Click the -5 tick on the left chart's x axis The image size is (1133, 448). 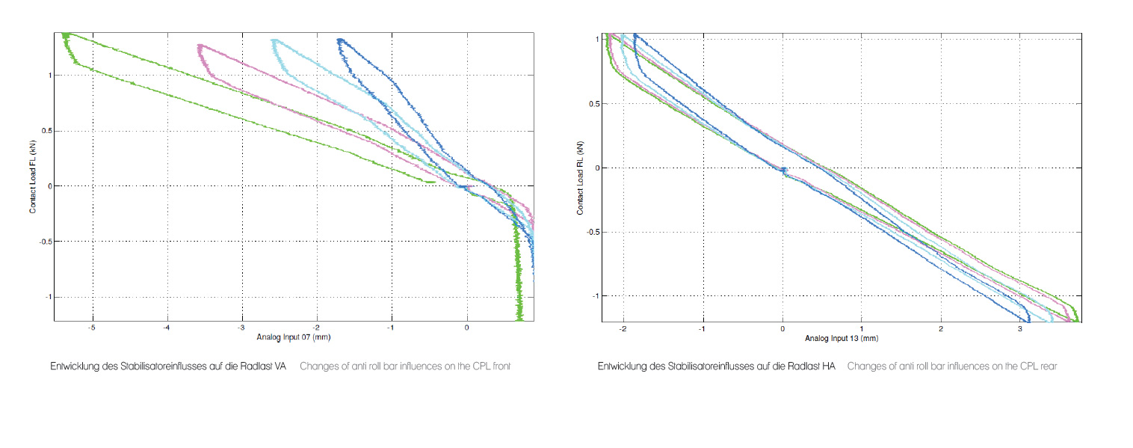(x=92, y=327)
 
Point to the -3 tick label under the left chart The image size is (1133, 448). (x=241, y=327)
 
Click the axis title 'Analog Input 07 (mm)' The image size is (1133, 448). (x=294, y=337)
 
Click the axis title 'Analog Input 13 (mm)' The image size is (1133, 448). (x=841, y=339)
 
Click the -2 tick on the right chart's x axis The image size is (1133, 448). (x=622, y=328)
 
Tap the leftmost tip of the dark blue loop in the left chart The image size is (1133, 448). (x=338, y=42)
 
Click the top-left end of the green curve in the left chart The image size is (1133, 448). (x=65, y=34)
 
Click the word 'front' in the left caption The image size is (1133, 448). (x=501, y=367)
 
